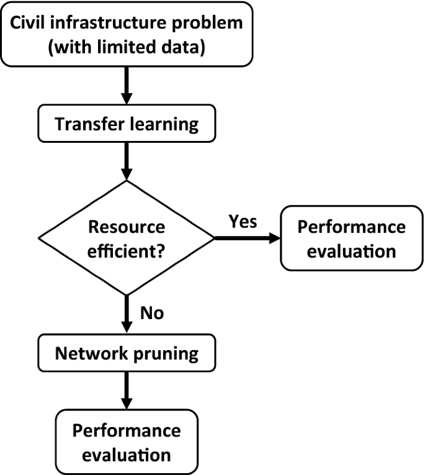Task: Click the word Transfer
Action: point(84,124)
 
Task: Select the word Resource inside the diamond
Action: point(127,227)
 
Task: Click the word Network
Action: point(87,353)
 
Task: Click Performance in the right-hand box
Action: point(351,227)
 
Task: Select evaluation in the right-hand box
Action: point(351,251)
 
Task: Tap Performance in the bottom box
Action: point(127,431)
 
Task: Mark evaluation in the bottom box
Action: point(127,455)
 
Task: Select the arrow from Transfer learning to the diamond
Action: point(127,161)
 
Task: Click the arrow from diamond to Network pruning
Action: point(127,315)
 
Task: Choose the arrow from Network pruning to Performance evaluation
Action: point(127,390)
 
